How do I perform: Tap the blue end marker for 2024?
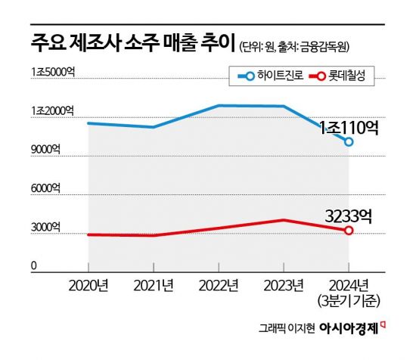pyautogui.click(x=349, y=141)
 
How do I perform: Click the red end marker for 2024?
pyautogui.click(x=349, y=230)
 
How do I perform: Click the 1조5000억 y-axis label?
pyautogui.click(x=54, y=72)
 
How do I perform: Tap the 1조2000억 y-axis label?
pyautogui.click(x=54, y=111)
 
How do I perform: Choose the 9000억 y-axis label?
pyautogui.click(x=46, y=151)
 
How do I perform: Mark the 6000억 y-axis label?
pyautogui.click(x=46, y=189)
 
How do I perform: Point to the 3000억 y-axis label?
pyautogui.click(x=46, y=228)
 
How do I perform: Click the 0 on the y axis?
pyautogui.click(x=34, y=266)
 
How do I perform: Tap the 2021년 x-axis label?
pyautogui.click(x=154, y=286)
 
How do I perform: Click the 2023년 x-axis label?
pyautogui.click(x=284, y=286)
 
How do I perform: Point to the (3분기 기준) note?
pyautogui.click(x=349, y=302)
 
